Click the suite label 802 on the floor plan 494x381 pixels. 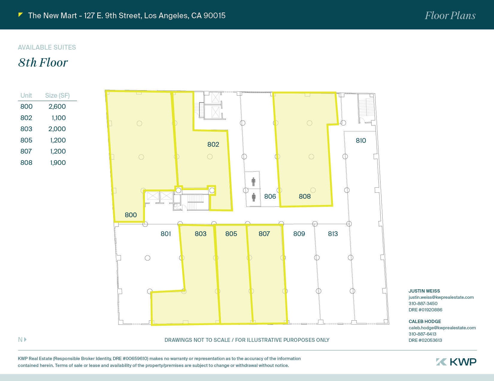pyautogui.click(x=213, y=144)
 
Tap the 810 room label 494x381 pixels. pyautogui.click(x=361, y=140)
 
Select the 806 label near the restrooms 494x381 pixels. pyautogui.click(x=270, y=196)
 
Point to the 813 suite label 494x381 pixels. pyautogui.click(x=333, y=233)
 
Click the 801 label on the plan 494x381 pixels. pyautogui.click(x=166, y=233)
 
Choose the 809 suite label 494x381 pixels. pyautogui.click(x=299, y=233)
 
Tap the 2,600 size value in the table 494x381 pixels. pyautogui.click(x=57, y=106)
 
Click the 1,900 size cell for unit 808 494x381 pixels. pyautogui.click(x=58, y=163)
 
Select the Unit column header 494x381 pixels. pyautogui.click(x=26, y=95)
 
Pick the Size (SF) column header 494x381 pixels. pyautogui.click(x=57, y=96)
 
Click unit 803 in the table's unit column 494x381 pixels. pyautogui.click(x=26, y=129)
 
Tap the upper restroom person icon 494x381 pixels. pyautogui.click(x=254, y=182)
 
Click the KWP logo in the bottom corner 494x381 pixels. pyautogui.click(x=456, y=362)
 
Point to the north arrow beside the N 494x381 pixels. pyautogui.click(x=25, y=339)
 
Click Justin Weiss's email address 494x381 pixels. pyautogui.click(x=441, y=297)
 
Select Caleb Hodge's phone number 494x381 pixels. pyautogui.click(x=422, y=334)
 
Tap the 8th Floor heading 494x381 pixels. pyautogui.click(x=43, y=62)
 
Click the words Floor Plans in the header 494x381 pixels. pyautogui.click(x=450, y=16)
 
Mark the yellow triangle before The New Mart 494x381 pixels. pyautogui.click(x=20, y=15)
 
